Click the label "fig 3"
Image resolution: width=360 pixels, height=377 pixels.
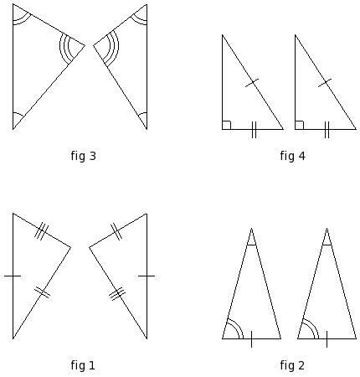click(83, 156)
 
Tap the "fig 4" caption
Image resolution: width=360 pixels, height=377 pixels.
click(292, 156)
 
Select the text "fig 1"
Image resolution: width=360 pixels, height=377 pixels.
click(83, 365)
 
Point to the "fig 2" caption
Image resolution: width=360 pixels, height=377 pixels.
click(292, 365)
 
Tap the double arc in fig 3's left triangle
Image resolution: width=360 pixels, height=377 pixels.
click(23, 22)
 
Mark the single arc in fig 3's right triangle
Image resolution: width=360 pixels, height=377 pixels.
click(142, 113)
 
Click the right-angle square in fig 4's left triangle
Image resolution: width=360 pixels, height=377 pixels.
click(227, 125)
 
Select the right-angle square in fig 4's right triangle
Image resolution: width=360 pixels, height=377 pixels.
click(299, 125)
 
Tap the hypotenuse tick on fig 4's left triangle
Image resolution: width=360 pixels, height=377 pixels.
click(252, 83)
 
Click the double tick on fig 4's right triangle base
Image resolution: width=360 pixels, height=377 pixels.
click(327, 130)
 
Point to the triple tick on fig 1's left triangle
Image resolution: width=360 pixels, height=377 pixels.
click(41, 231)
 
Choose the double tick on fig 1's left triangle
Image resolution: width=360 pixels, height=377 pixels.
click(42, 292)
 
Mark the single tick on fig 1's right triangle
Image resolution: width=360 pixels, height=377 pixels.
click(147, 276)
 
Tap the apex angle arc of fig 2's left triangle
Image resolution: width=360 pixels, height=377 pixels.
click(251, 245)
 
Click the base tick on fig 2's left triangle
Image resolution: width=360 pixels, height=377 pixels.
click(251, 339)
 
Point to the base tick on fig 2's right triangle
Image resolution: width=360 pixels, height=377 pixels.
click(327, 339)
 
